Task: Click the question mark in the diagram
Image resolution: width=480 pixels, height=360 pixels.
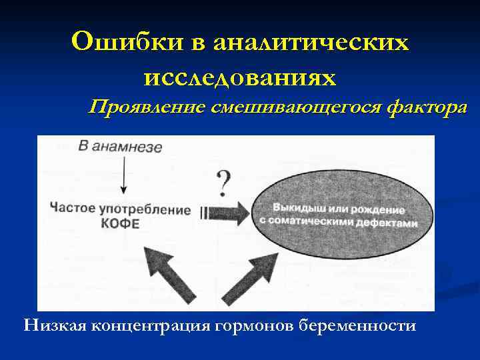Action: pyautogui.click(x=224, y=181)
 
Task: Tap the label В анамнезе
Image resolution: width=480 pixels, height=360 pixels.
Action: pyautogui.click(x=120, y=147)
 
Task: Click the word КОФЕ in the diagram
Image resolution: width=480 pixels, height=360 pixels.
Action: pyautogui.click(x=120, y=224)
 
